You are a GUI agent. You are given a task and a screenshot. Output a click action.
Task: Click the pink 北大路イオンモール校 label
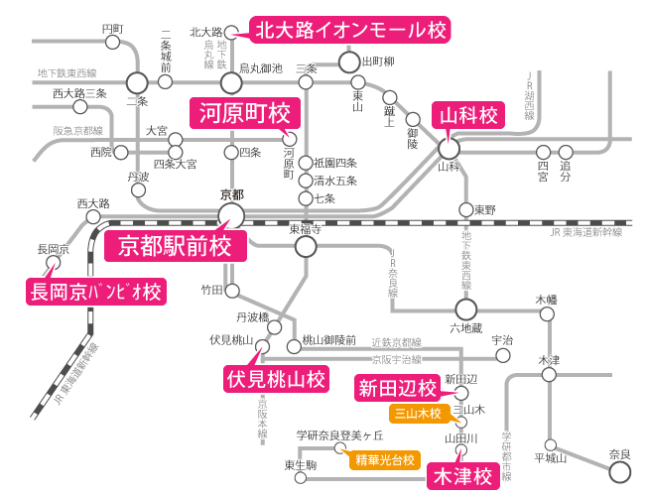click(349, 30)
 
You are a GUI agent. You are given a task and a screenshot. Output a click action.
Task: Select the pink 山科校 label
click(467, 116)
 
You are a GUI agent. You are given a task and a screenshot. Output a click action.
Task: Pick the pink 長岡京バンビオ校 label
click(94, 292)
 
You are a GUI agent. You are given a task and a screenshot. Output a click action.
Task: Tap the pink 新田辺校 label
click(396, 388)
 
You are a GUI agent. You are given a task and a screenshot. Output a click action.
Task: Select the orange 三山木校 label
click(418, 413)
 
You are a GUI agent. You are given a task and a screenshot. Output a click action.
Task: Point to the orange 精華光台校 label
click(382, 459)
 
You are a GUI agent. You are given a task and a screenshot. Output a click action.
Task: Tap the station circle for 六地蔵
click(466, 309)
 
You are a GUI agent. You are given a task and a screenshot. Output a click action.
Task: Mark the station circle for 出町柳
click(348, 62)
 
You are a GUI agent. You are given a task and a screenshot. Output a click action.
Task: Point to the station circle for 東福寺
click(305, 241)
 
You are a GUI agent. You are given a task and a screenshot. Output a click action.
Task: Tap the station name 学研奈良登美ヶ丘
click(339, 435)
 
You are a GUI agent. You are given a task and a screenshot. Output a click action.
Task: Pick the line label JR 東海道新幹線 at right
click(586, 231)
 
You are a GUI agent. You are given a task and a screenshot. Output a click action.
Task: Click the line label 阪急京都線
click(78, 130)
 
